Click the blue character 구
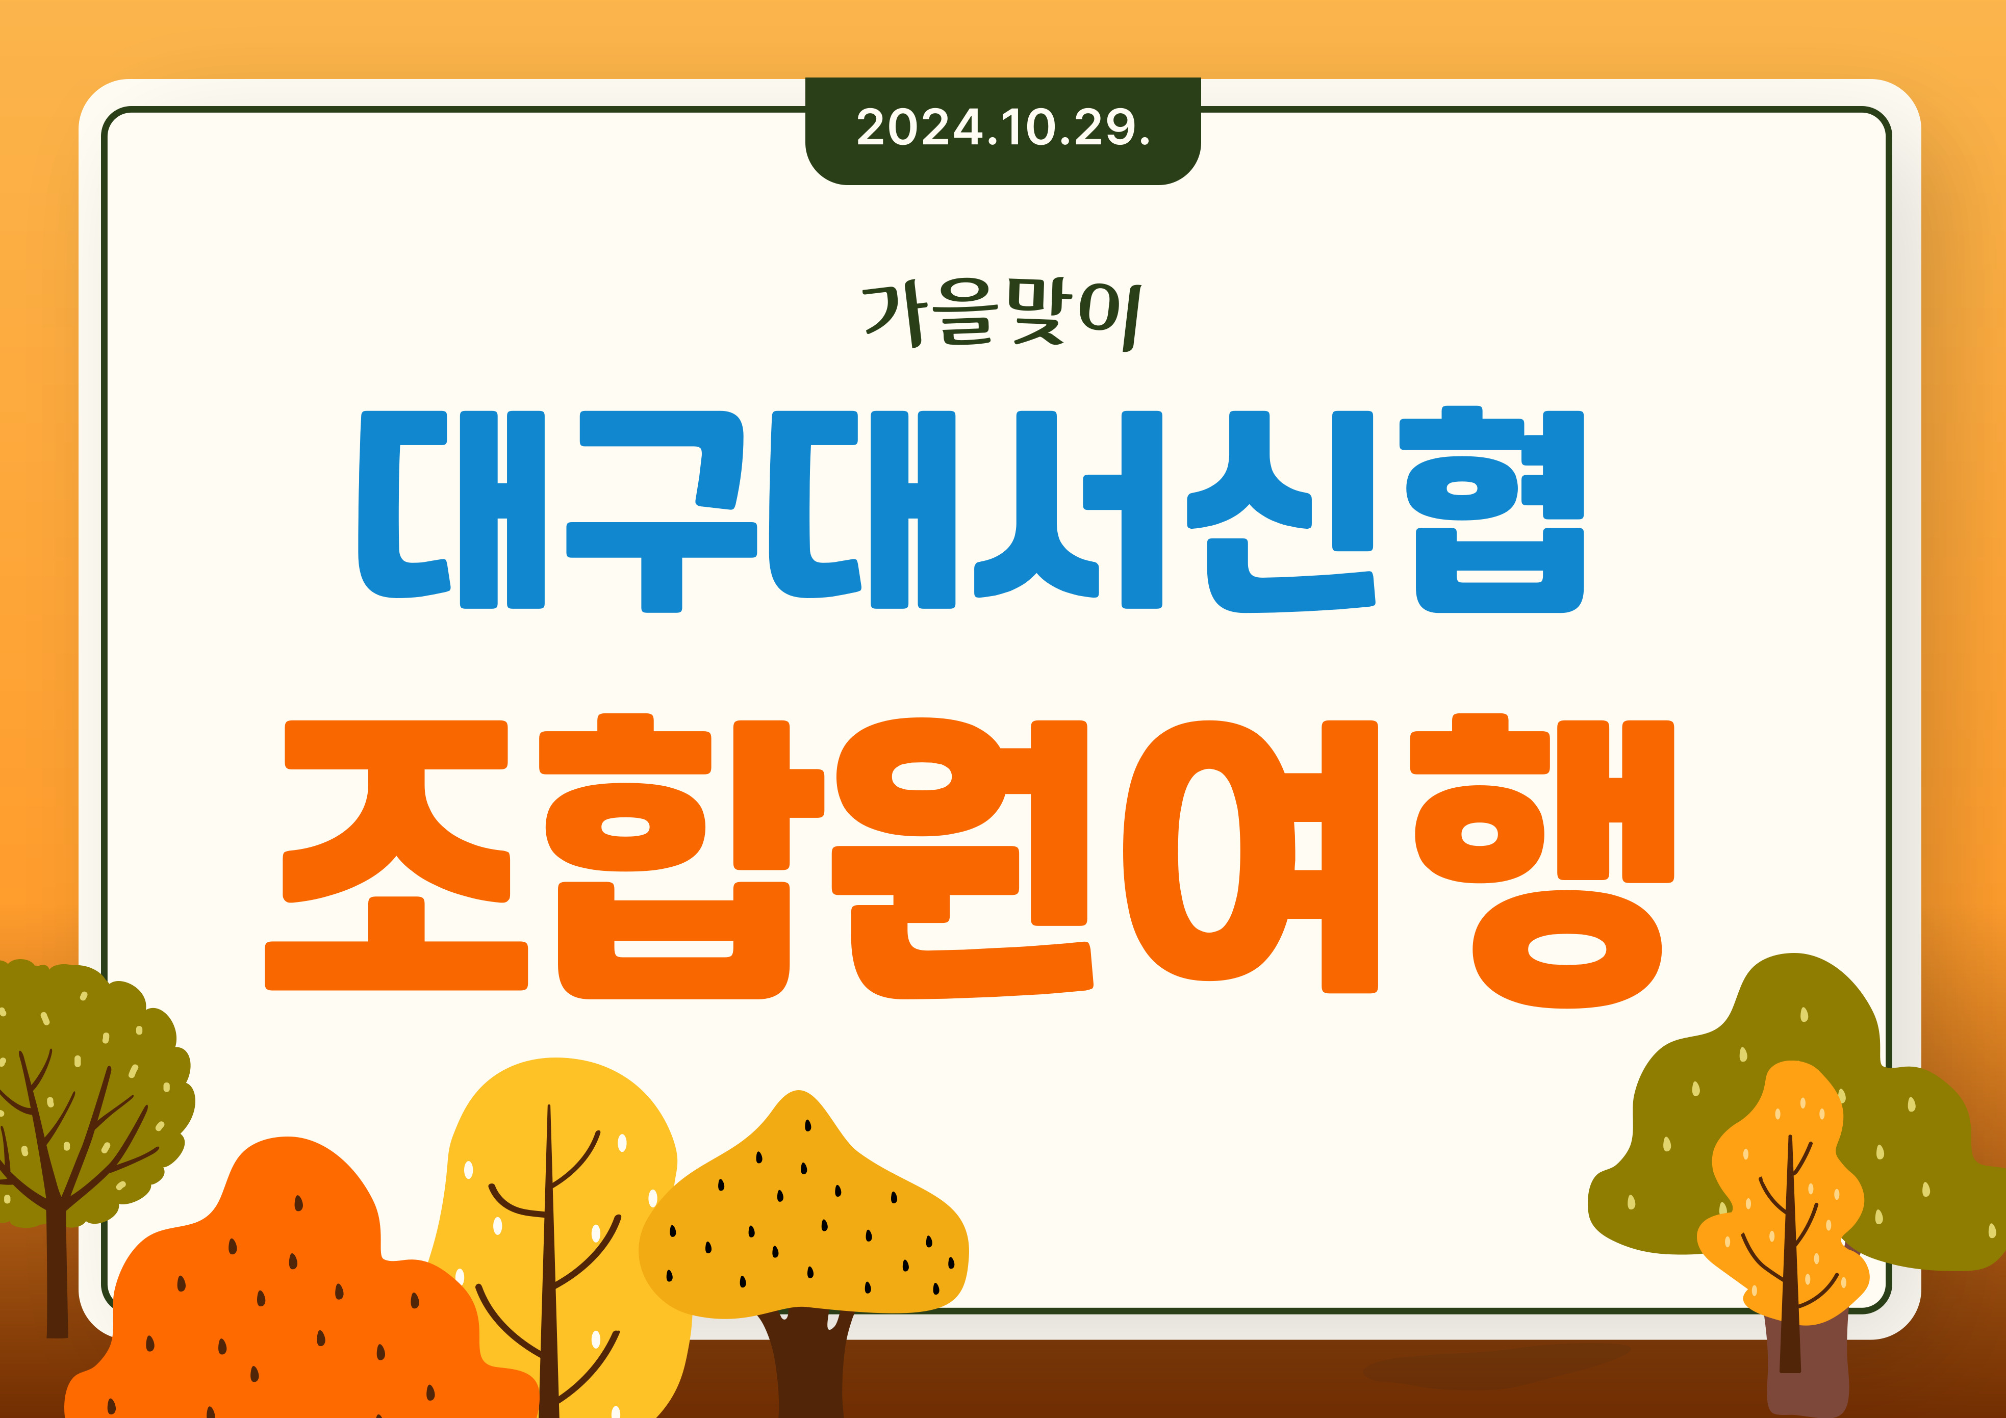click(x=662, y=511)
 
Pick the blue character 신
click(x=1280, y=511)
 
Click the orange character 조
click(x=397, y=855)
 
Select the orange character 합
click(x=681, y=856)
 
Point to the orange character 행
click(x=1542, y=861)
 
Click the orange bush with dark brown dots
click(x=288, y=1284)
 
